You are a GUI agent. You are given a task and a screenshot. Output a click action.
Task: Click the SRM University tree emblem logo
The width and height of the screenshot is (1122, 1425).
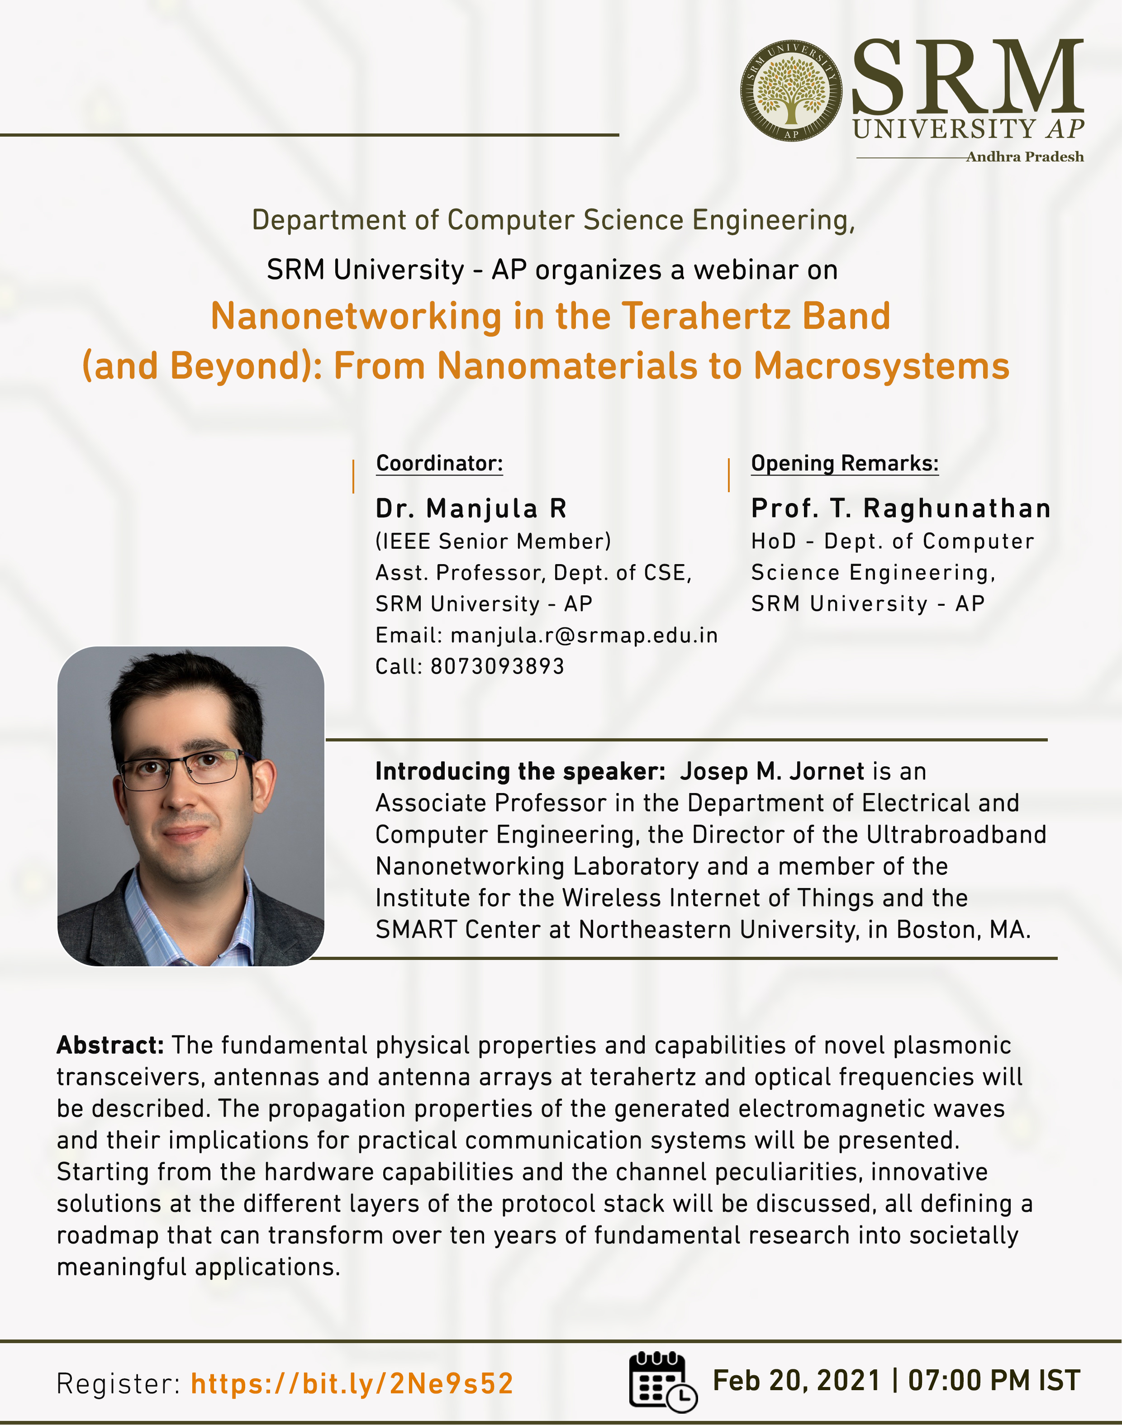(x=791, y=90)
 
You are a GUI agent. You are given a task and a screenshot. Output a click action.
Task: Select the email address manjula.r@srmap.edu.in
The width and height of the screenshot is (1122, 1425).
(x=584, y=635)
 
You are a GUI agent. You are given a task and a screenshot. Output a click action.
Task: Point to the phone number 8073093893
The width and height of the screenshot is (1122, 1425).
(x=497, y=666)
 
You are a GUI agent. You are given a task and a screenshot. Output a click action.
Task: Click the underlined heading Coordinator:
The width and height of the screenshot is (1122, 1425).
(x=439, y=464)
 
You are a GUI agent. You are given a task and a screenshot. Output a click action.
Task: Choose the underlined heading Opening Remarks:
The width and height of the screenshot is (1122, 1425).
(x=845, y=464)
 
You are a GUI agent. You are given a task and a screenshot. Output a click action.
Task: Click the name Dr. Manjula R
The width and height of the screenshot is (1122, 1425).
(x=471, y=508)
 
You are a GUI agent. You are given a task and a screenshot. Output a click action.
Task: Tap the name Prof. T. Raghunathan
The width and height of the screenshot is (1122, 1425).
(x=901, y=508)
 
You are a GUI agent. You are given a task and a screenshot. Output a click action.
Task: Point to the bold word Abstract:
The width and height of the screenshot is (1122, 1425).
(x=109, y=1045)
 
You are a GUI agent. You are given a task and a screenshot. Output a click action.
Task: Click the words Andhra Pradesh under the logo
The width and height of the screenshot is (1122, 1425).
(x=1024, y=157)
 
